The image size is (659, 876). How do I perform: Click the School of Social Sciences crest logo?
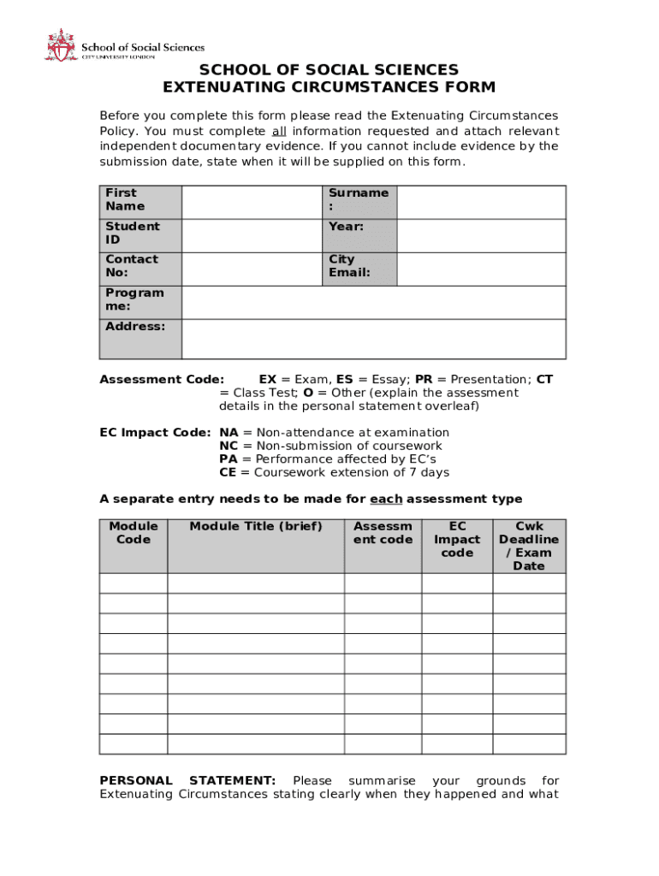tap(60, 44)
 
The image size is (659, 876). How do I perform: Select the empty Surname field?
tap(481, 202)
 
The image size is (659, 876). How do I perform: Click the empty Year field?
tap(481, 235)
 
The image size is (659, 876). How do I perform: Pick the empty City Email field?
tap(481, 269)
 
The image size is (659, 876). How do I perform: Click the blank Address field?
tap(373, 339)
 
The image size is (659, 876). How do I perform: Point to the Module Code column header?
tap(134, 533)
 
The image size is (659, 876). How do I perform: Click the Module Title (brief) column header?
tap(256, 526)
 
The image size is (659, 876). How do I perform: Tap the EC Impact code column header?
tap(457, 539)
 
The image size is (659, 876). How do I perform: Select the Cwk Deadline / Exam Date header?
tap(529, 546)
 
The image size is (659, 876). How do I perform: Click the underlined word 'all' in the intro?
tap(279, 131)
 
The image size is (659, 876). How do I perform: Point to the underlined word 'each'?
tap(385, 499)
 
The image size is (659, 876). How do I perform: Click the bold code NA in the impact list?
tap(229, 433)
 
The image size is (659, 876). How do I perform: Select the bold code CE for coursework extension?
tap(228, 472)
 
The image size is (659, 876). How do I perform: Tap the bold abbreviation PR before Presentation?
tap(424, 379)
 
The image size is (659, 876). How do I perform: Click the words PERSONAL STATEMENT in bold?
tap(187, 780)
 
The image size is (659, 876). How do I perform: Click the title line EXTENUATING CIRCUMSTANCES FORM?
tap(329, 87)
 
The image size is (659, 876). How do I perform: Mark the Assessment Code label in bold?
tap(162, 379)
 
